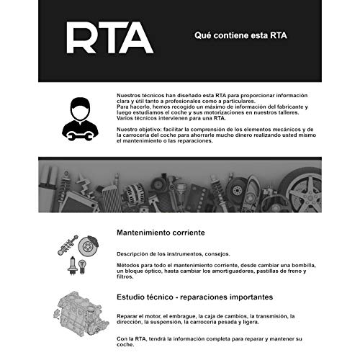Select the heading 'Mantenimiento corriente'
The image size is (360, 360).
pos(161,233)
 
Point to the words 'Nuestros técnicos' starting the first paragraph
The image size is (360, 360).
pos(138,94)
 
